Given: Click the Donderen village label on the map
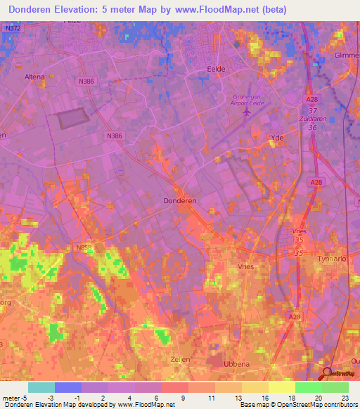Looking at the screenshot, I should pyautogui.click(x=179, y=200).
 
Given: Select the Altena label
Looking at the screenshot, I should pyautogui.click(x=34, y=77).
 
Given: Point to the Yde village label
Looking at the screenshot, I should pyautogui.click(x=277, y=138).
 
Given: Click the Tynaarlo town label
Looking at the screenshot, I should pyautogui.click(x=345, y=258).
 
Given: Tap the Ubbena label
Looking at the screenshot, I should pyautogui.click(x=236, y=363).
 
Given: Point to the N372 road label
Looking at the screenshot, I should pyautogui.click(x=11, y=28).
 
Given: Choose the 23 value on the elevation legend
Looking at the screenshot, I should pyautogui.click(x=345, y=398).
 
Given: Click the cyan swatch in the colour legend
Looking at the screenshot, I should pyautogui.click(x=41, y=387).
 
